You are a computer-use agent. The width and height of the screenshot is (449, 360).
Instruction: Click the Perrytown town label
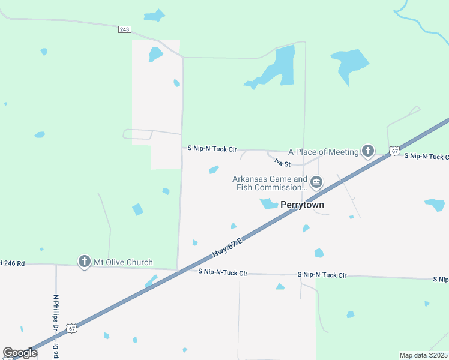[x=303, y=205]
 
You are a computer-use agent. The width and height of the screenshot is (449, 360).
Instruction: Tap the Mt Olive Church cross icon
[x=85, y=262]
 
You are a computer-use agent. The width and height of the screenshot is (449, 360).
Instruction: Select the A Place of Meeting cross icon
[x=367, y=151]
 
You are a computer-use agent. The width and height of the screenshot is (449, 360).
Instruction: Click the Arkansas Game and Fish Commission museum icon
[x=316, y=182]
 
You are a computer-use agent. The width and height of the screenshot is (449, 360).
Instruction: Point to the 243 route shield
[x=125, y=29]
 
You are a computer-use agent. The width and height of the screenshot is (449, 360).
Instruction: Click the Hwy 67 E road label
[x=228, y=248]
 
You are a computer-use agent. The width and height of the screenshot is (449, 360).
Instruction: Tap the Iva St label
[x=282, y=162]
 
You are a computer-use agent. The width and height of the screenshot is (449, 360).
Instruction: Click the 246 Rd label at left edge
[x=13, y=263]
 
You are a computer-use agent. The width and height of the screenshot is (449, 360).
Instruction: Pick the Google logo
[x=20, y=353]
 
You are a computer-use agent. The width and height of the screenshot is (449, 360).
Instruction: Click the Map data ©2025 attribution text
[x=424, y=355]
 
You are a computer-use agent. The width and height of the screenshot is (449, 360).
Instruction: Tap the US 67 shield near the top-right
[x=394, y=151]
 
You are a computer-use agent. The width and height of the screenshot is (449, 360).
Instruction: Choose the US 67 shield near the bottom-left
[x=72, y=328]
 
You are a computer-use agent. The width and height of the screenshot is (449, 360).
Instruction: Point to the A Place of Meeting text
[x=324, y=152]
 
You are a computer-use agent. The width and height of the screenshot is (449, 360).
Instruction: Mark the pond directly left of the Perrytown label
[x=268, y=204]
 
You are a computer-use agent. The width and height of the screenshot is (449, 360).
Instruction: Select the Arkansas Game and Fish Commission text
[x=270, y=183]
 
